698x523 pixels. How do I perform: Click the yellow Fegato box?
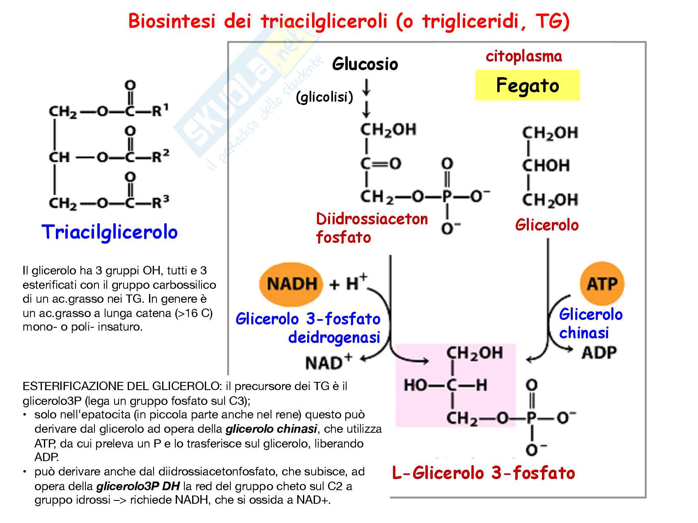tap(527, 85)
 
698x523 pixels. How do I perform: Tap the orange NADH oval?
tap(291, 283)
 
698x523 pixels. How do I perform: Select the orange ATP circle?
tap(602, 283)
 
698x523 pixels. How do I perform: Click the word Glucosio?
tap(365, 64)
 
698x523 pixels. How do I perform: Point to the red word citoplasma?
tap(523, 56)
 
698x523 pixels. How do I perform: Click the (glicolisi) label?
tap(324, 97)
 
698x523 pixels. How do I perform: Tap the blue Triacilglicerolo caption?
tap(110, 232)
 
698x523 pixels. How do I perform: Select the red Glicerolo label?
tap(546, 225)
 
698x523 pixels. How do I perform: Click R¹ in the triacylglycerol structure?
tap(160, 110)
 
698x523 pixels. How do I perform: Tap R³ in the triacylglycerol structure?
tap(160, 202)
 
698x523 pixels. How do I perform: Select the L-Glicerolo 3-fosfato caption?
tap(483, 473)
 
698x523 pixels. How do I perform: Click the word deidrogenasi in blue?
tap(334, 337)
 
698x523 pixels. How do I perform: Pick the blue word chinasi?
tap(583, 333)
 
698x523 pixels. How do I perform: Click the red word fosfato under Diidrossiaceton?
tap(343, 237)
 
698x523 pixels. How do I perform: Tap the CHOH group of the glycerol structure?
tap(546, 166)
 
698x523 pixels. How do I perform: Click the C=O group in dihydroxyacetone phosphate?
tap(381, 164)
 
